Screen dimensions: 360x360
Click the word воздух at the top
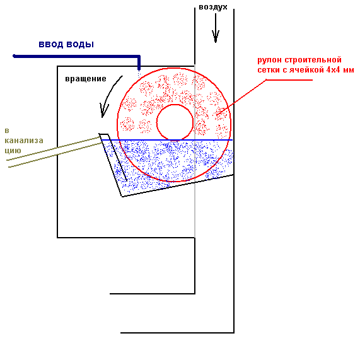point(213,7)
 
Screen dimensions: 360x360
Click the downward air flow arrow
point(216,28)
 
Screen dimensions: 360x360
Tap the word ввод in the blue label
point(50,44)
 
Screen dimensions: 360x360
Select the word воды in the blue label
point(80,44)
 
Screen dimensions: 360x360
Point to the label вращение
point(86,79)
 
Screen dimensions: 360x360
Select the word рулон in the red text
point(269,60)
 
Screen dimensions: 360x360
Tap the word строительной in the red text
point(313,60)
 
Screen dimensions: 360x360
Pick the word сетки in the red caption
point(269,69)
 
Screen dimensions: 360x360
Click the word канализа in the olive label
point(24,141)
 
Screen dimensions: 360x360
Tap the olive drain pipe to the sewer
point(54,151)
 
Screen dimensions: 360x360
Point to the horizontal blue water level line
point(167,140)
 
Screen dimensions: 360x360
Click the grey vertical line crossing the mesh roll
point(195,151)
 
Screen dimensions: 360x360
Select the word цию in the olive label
point(13,151)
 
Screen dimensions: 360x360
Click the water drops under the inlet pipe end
point(139,74)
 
